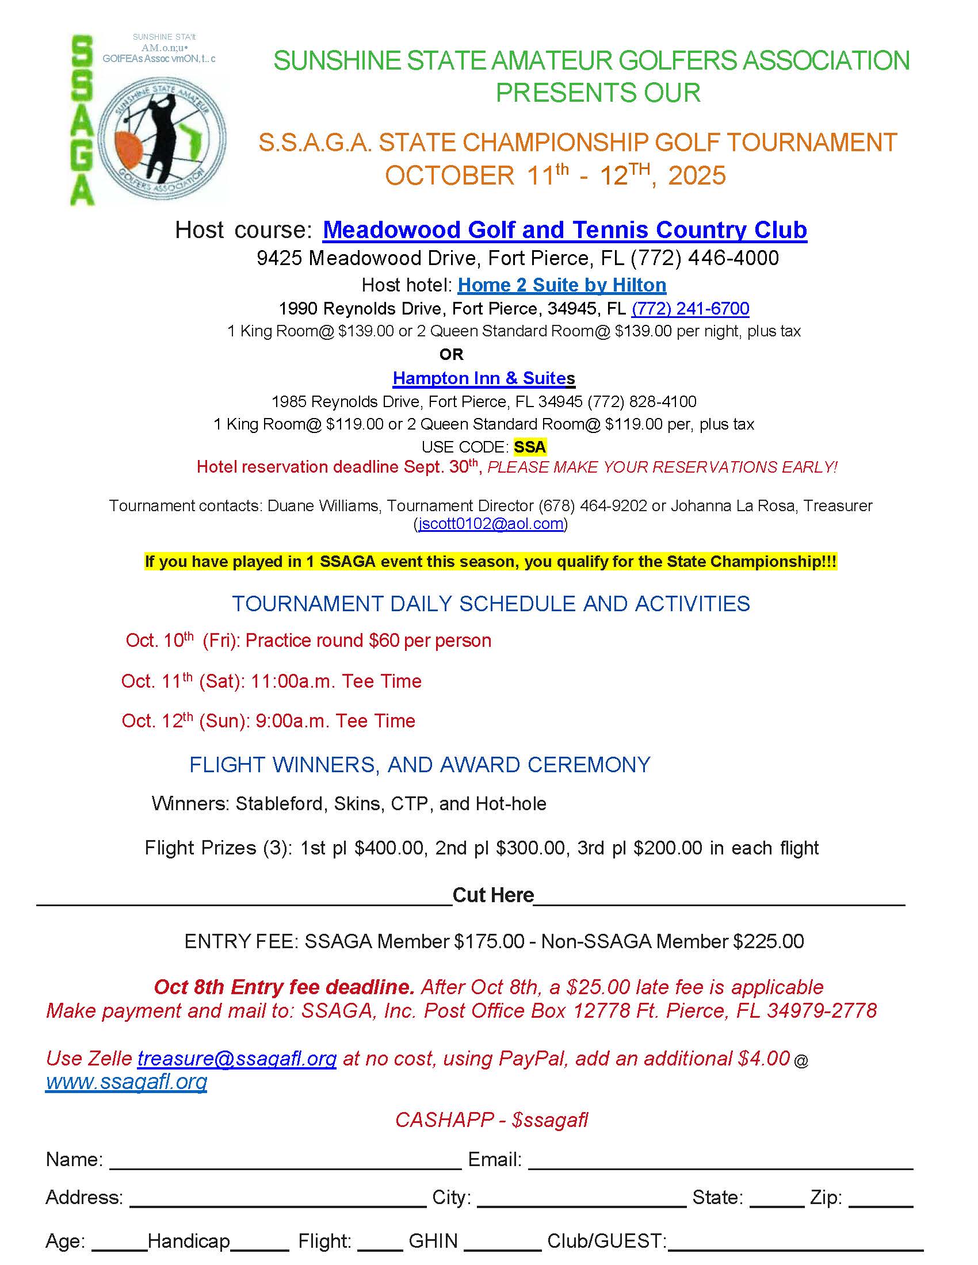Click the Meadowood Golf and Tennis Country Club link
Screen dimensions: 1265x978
(x=564, y=230)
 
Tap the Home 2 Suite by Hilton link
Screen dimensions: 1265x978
(x=561, y=285)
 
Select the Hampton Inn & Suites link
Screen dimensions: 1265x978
(x=483, y=378)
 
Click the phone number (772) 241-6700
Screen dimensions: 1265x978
(x=690, y=309)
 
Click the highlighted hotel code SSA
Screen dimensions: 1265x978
(x=529, y=447)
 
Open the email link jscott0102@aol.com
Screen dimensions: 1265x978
(x=491, y=524)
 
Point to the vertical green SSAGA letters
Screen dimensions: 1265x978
(x=82, y=121)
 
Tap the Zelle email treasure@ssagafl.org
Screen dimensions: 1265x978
(x=236, y=1059)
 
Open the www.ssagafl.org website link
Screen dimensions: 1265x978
(x=127, y=1082)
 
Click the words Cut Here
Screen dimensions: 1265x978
(x=492, y=895)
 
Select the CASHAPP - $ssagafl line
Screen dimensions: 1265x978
(x=491, y=1120)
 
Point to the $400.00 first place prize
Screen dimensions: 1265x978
(x=389, y=848)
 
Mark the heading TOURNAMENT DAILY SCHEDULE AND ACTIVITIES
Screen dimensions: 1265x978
(x=491, y=604)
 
